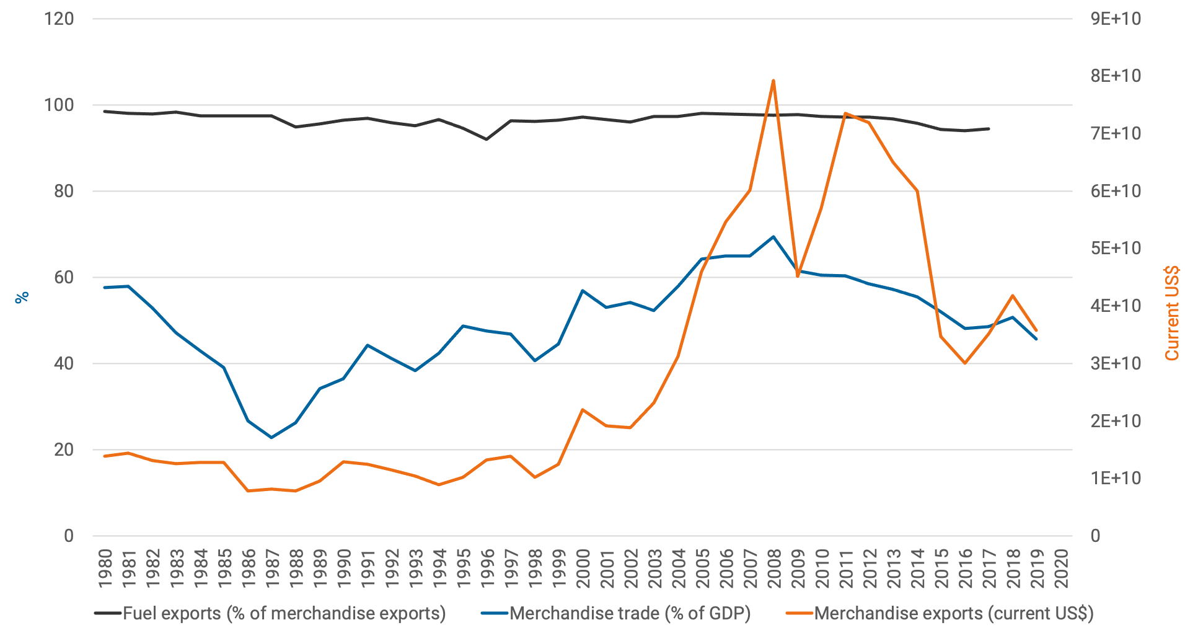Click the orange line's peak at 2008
coord(773,80)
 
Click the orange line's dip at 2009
coord(798,276)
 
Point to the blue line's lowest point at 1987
coord(271,438)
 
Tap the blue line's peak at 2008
coord(773,236)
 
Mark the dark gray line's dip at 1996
coord(487,140)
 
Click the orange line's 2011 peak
coord(845,113)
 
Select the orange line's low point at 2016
coord(965,363)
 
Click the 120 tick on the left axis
coord(59,19)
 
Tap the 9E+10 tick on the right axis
coord(1116,19)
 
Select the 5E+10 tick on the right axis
coord(1116,249)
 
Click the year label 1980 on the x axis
coord(105,568)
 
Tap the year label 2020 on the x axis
coord(1061,568)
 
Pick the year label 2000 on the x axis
coord(583,568)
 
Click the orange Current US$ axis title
coord(1171,313)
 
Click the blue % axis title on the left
coord(22,298)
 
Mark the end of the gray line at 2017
coord(989,128)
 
